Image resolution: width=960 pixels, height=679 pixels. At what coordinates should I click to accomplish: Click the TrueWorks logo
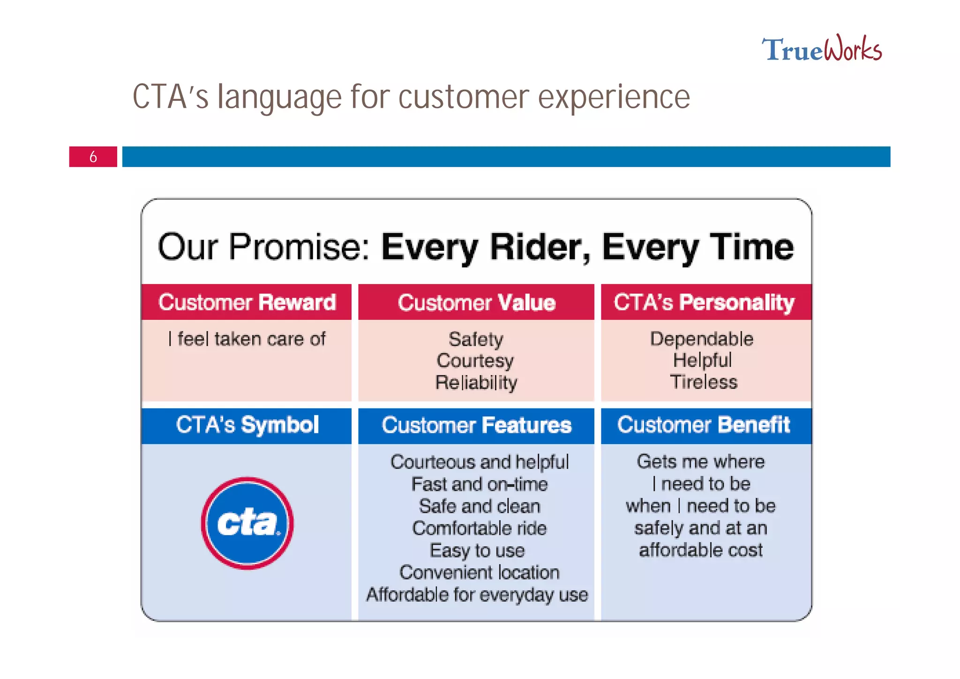[821, 49]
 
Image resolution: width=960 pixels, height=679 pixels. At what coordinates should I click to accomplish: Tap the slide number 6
[93, 157]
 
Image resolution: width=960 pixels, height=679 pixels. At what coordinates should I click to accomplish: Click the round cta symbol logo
[247, 523]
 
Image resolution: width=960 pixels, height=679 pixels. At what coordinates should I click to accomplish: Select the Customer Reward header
[247, 302]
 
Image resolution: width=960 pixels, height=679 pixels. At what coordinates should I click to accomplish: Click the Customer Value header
[476, 302]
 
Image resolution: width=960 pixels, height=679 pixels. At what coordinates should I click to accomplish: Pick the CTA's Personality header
[704, 302]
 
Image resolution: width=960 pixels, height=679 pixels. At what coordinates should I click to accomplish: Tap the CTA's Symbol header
[247, 425]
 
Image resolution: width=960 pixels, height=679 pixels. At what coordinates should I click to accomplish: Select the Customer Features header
[476, 425]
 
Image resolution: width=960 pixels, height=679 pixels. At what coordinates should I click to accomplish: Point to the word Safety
[476, 339]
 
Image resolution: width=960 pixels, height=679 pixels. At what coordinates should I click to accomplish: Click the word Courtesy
[475, 361]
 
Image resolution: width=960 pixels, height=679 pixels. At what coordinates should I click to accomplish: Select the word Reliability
[476, 383]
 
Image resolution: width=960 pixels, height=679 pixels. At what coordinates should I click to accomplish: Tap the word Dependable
[701, 339]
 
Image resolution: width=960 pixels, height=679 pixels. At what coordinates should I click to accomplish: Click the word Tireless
[703, 382]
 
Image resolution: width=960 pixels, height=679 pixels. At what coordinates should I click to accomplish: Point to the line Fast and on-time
[479, 484]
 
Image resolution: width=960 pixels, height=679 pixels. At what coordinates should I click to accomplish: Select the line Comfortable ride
[479, 528]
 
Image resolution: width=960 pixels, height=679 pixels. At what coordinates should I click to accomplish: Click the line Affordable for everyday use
[477, 595]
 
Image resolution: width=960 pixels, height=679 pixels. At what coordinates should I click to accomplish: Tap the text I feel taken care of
[247, 339]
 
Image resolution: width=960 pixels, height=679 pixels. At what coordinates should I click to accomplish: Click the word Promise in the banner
[299, 247]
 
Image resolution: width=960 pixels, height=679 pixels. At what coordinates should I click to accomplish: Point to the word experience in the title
[614, 98]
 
